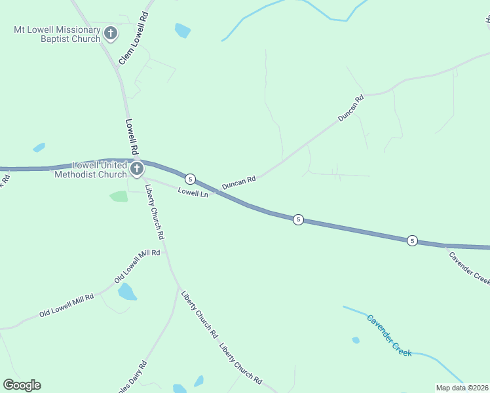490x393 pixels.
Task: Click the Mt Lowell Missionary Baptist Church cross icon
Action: point(111,33)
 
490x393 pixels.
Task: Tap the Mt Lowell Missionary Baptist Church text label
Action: point(57,34)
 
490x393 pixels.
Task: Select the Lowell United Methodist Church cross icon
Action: point(136,170)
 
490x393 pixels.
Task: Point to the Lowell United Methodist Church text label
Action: point(91,170)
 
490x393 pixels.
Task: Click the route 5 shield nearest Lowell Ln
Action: point(190,179)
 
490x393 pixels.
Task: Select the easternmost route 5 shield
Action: point(412,240)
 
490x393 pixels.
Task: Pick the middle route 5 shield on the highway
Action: point(298,219)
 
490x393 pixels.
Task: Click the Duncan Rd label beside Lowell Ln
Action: point(238,182)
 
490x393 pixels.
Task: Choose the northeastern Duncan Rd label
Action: point(350,109)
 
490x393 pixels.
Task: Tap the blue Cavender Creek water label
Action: point(388,335)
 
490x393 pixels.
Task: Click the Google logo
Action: point(22,385)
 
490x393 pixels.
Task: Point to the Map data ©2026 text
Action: point(462,388)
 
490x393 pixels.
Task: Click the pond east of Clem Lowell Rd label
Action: point(182,29)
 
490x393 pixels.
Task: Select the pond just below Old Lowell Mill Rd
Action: point(127,291)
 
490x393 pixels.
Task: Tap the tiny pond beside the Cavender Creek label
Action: point(356,340)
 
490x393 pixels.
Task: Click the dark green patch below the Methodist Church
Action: point(119,196)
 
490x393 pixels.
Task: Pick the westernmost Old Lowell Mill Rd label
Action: point(66,305)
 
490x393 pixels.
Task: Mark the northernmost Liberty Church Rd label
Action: point(155,212)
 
